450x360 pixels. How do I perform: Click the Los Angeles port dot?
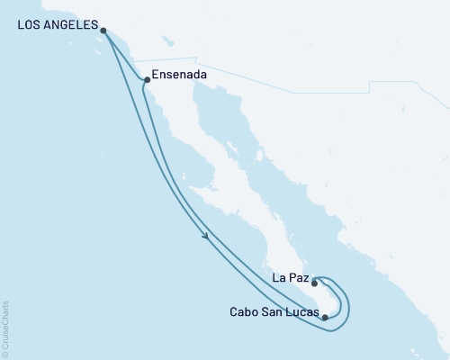104,30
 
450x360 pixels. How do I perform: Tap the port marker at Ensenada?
147,80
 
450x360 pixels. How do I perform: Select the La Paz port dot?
314,283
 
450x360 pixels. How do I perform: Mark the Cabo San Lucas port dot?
325,317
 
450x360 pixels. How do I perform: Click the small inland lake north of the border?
166,40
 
